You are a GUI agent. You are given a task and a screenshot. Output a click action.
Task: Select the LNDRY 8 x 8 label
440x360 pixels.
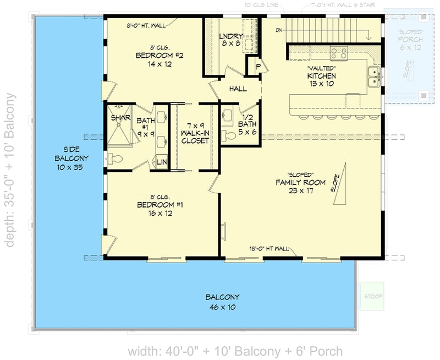click(x=230, y=40)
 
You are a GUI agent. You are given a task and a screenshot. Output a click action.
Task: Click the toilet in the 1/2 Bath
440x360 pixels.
click(x=227, y=135)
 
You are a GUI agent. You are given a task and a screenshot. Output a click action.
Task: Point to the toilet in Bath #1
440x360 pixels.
click(x=115, y=159)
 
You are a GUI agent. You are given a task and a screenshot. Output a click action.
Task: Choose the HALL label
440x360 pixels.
click(x=238, y=89)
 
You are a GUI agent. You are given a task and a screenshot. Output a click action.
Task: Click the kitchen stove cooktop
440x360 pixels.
click(x=338, y=53)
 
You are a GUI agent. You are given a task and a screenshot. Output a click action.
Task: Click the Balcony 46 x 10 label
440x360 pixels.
click(x=222, y=302)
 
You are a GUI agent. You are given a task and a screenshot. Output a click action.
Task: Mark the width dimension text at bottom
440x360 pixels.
click(x=235, y=351)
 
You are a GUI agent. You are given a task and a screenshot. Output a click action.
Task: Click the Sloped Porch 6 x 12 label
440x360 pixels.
click(x=411, y=43)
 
